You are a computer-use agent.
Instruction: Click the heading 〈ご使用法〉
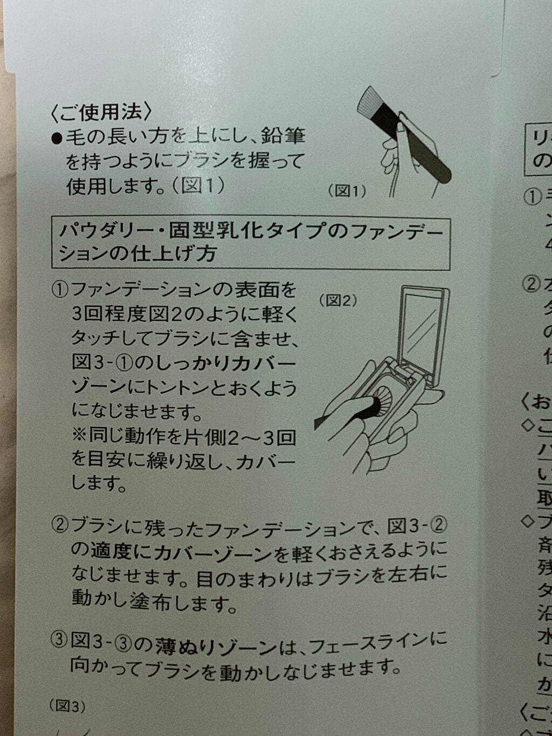pyautogui.click(x=101, y=112)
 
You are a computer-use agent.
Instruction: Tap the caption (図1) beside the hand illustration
pyautogui.click(x=347, y=190)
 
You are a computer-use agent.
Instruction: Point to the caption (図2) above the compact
pyautogui.click(x=338, y=300)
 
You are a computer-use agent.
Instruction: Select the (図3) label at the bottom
pyautogui.click(x=67, y=706)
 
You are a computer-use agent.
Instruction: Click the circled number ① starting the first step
pyautogui.click(x=60, y=290)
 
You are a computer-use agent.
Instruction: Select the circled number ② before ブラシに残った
pyautogui.click(x=60, y=525)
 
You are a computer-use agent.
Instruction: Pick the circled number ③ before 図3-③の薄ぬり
pyautogui.click(x=59, y=641)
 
